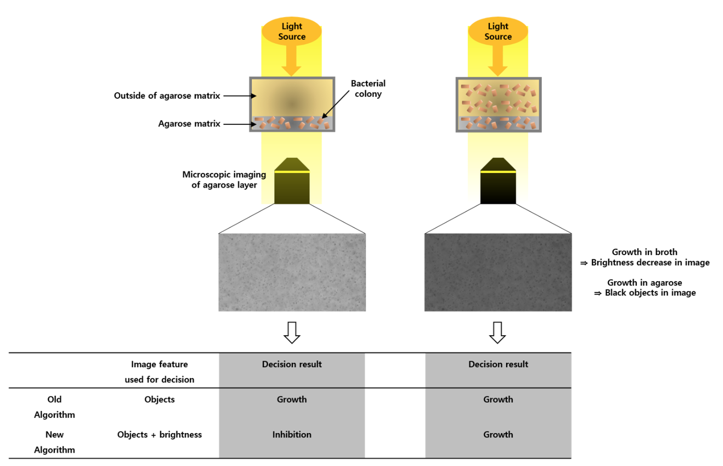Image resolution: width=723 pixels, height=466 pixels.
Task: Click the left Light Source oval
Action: tap(292, 31)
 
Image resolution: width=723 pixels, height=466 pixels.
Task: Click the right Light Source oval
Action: tap(498, 31)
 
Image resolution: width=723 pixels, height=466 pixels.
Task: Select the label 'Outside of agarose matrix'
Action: tap(167, 96)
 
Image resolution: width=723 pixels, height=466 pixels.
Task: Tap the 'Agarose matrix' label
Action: tap(189, 124)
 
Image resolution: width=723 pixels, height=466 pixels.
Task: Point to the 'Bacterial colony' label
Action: tap(368, 89)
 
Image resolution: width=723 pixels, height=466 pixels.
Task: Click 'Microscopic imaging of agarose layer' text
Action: tap(224, 180)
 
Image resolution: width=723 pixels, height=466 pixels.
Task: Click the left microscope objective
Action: tap(292, 181)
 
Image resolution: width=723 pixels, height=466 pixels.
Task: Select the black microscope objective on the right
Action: tap(498, 181)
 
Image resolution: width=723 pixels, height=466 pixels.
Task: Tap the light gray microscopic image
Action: tap(292, 272)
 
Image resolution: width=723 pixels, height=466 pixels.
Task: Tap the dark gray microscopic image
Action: tap(498, 272)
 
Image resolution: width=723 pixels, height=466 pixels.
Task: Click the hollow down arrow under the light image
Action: tap(292, 333)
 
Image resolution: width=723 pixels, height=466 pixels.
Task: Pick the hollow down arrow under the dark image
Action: tap(498, 333)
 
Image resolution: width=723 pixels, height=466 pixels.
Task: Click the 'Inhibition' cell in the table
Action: tap(292, 434)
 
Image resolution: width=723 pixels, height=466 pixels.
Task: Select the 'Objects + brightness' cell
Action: tap(159, 434)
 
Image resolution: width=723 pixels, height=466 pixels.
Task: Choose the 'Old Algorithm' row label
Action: tap(54, 407)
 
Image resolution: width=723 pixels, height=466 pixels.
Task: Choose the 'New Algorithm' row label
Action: tap(54, 442)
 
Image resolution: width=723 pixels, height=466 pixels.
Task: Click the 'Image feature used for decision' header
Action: tap(159, 372)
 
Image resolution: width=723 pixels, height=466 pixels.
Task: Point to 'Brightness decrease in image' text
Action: tap(650, 262)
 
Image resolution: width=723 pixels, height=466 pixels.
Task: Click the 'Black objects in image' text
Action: tap(650, 293)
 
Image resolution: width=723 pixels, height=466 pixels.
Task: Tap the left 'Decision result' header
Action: tap(292, 364)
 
